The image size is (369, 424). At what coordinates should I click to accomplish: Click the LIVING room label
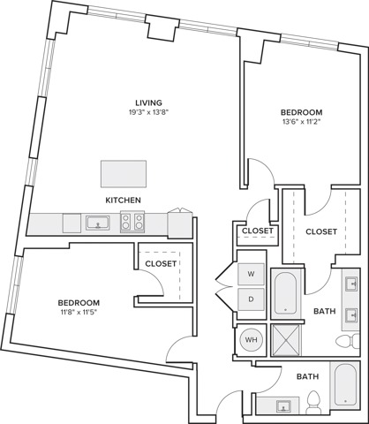tap(148, 102)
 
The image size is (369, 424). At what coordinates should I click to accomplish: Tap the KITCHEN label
tap(123, 201)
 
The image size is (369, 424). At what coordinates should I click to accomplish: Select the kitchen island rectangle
tap(124, 174)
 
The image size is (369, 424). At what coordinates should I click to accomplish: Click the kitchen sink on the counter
tap(98, 223)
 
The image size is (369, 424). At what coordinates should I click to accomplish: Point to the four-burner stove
tap(132, 222)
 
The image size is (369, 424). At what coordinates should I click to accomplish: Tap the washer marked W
tap(251, 274)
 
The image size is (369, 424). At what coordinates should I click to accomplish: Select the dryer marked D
tap(251, 299)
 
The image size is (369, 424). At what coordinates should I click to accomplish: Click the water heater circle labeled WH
tap(251, 340)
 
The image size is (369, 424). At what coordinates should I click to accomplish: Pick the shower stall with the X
tap(285, 340)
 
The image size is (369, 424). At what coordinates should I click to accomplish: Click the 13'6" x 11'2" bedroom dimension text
tap(300, 121)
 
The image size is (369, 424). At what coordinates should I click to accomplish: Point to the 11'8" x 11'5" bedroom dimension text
tap(78, 312)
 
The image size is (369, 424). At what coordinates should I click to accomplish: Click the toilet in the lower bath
tap(313, 402)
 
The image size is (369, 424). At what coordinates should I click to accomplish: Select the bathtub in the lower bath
tap(345, 385)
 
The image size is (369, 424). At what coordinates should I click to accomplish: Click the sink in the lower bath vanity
tap(283, 406)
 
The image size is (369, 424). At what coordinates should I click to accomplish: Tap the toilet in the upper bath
tap(348, 342)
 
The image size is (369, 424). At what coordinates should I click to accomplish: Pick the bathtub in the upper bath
tap(285, 293)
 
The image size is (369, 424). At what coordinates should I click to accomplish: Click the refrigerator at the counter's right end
tap(180, 224)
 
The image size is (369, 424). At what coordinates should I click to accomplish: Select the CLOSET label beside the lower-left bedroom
tap(161, 264)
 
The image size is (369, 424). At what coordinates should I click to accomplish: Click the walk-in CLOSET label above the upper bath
tap(321, 232)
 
